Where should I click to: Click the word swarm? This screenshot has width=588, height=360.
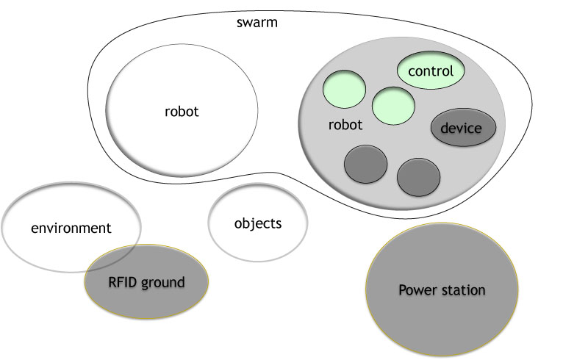(257, 22)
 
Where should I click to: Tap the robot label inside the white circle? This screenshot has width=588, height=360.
(182, 112)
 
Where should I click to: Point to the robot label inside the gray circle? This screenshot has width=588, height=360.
(345, 125)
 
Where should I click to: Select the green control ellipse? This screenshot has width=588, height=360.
(435, 71)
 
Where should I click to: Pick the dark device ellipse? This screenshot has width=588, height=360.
(462, 129)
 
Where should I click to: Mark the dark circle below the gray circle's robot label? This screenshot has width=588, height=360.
(365, 165)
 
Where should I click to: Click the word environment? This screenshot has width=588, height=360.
(71, 228)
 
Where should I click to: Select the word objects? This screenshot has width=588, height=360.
(257, 223)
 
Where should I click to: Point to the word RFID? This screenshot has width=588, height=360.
(123, 281)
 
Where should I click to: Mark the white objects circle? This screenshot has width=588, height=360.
(257, 242)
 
